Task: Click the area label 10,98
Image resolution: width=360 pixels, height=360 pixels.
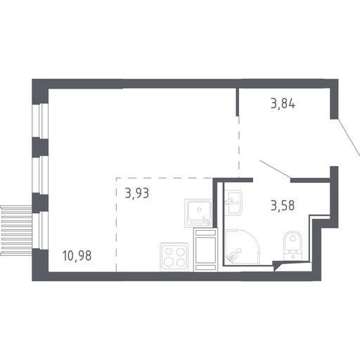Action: (x=77, y=255)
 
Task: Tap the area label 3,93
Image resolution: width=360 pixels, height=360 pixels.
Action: (x=137, y=193)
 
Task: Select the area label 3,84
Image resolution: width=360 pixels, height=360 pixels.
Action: (x=283, y=103)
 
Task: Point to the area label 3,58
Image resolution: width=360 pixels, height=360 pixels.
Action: (x=283, y=205)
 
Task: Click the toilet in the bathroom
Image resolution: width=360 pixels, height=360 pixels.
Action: (x=292, y=245)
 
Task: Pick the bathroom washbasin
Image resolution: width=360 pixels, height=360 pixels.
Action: (x=233, y=202)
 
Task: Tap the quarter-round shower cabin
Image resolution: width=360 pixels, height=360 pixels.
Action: (x=242, y=247)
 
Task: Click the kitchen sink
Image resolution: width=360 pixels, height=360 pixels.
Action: (x=198, y=213)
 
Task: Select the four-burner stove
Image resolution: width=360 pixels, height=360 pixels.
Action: (x=174, y=257)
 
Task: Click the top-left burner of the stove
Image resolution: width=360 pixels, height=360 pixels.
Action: (x=169, y=252)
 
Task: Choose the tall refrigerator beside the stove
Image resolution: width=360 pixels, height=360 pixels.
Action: (x=205, y=250)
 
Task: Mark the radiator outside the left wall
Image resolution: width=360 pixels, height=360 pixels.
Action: (x=16, y=230)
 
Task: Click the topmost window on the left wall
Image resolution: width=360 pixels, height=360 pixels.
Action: (x=40, y=120)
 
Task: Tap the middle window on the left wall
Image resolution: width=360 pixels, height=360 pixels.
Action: (x=40, y=174)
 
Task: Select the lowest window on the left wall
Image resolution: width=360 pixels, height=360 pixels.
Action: (x=40, y=231)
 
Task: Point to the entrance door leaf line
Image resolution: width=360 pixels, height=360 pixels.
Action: (x=349, y=136)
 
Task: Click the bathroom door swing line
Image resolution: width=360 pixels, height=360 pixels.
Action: (x=276, y=168)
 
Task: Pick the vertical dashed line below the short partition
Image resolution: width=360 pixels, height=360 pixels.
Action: (x=239, y=146)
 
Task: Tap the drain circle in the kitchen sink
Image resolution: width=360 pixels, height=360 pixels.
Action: (x=199, y=210)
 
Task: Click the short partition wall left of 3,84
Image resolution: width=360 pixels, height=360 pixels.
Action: (x=237, y=102)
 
